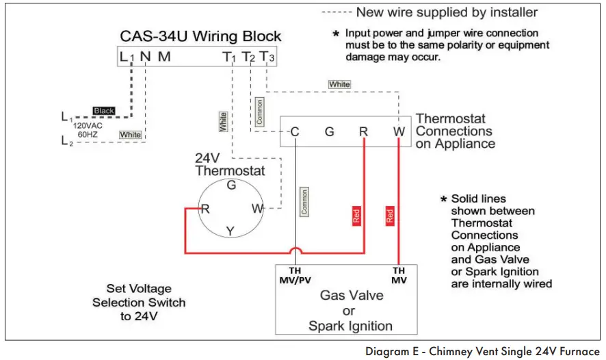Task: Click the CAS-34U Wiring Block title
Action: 200,36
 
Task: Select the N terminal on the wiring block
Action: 145,57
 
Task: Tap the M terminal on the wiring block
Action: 164,57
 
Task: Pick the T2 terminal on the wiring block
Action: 248,57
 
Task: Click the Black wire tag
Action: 104,111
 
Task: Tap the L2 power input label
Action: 66,141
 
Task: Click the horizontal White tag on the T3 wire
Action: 339,84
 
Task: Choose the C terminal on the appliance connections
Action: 295,131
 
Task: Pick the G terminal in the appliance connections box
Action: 329,131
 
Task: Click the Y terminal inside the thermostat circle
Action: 230,231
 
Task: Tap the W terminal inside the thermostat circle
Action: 256,209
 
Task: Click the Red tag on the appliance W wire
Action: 390,216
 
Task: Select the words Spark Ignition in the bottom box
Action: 350,326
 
